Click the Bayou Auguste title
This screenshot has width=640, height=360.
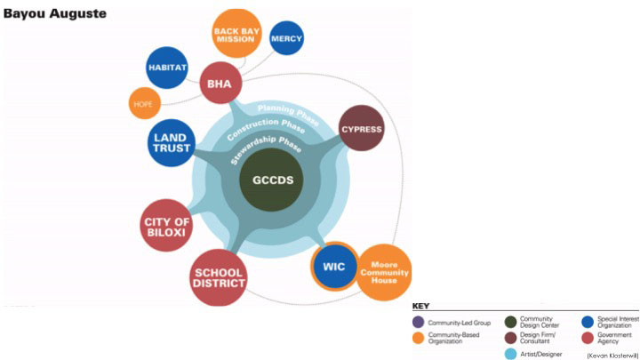click(55, 14)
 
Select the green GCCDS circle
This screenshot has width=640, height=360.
click(271, 178)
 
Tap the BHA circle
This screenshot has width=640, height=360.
click(219, 84)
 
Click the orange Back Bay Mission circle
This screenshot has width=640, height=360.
click(235, 34)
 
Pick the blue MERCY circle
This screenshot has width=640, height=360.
click(286, 39)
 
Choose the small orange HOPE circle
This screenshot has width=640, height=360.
click(144, 103)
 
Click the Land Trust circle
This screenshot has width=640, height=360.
click(172, 141)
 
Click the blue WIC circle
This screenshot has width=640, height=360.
click(334, 267)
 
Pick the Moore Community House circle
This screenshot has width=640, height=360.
click(382, 272)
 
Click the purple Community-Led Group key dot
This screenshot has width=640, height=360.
click(419, 322)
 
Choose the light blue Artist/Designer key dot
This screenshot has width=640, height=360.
click(510, 354)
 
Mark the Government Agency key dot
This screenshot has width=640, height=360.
click(587, 337)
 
